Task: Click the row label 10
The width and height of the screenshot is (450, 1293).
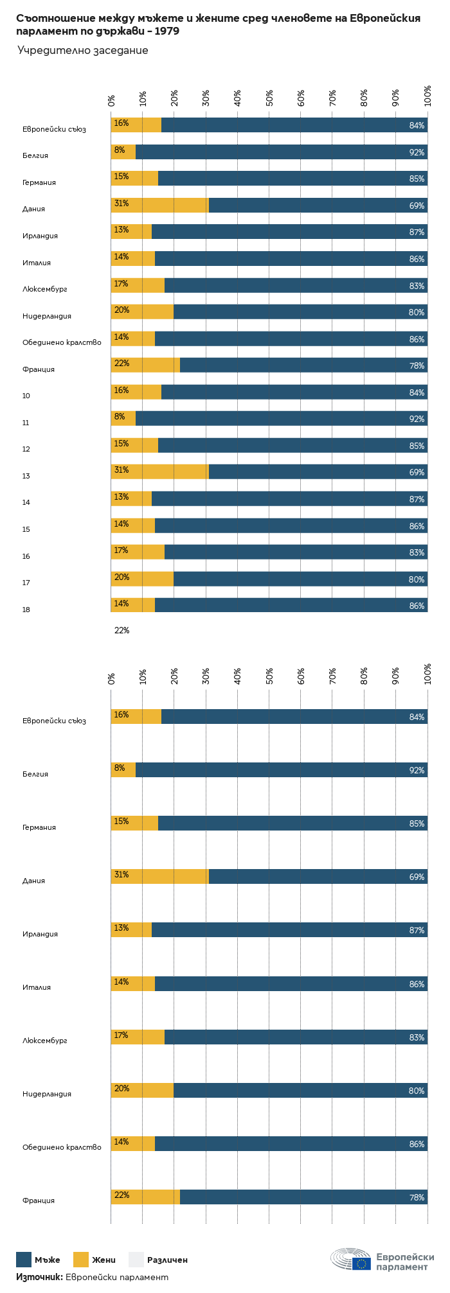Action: click(x=26, y=396)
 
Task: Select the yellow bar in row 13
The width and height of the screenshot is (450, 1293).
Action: click(x=159, y=471)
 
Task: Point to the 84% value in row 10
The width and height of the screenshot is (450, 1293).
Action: click(x=417, y=392)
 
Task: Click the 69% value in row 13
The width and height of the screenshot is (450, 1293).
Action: click(x=417, y=472)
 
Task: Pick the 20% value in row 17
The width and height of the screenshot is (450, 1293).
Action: click(x=122, y=577)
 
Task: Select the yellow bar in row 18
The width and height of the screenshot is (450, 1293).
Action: click(x=132, y=605)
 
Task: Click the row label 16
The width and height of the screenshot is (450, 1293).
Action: click(x=26, y=556)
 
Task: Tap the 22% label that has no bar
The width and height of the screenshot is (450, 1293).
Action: click(x=122, y=631)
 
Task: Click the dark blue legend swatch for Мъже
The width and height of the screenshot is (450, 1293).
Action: click(x=24, y=1260)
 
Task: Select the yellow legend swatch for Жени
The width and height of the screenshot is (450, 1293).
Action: click(x=81, y=1260)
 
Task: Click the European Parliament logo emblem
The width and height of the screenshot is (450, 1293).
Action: click(x=350, y=1260)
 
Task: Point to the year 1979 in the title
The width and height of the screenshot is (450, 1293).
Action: click(x=166, y=31)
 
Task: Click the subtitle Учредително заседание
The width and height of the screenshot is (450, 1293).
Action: click(x=83, y=50)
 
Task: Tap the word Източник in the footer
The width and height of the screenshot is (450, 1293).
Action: click(x=39, y=1277)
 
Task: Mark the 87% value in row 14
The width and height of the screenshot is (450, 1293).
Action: click(x=417, y=499)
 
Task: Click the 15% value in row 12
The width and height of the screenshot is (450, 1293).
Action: click(x=122, y=444)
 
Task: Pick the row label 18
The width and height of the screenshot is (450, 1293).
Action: click(x=26, y=610)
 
